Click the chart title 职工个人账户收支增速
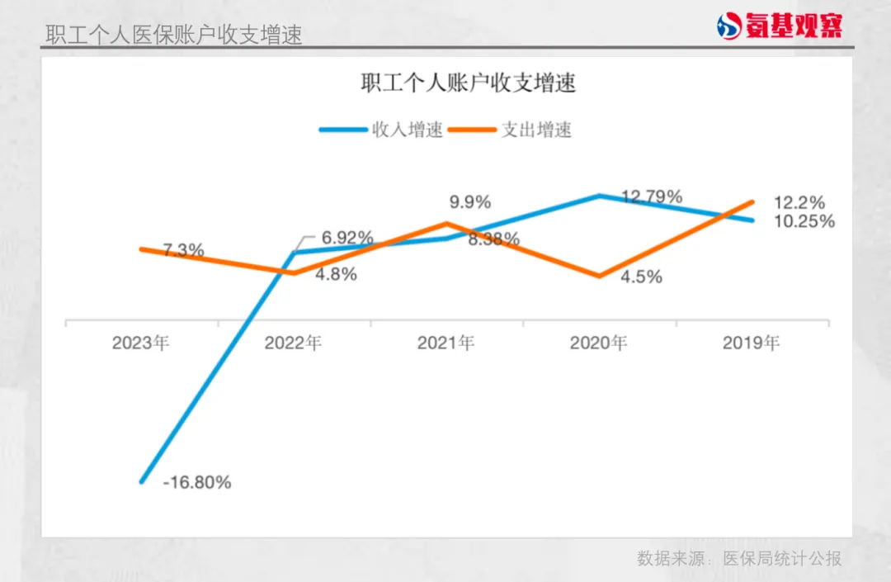click(468, 83)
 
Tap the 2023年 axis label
click(141, 343)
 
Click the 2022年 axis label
click(293, 343)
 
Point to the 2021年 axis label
click(445, 343)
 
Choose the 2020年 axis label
click(598, 343)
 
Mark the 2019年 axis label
click(751, 343)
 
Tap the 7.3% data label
click(183, 251)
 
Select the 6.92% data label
click(347, 238)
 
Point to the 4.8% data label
click(337, 274)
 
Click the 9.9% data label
click(470, 201)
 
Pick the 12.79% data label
click(652, 196)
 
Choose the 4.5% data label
click(642, 277)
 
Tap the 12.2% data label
click(799, 202)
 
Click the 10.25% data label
click(804, 221)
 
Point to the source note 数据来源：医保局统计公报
click(739, 559)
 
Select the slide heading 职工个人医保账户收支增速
click(173, 35)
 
